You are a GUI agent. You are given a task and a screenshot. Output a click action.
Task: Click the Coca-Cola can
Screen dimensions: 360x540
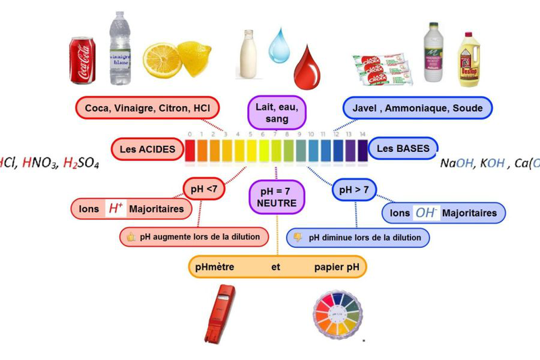point(83,60)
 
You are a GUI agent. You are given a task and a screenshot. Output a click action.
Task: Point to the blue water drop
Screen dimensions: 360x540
point(279,46)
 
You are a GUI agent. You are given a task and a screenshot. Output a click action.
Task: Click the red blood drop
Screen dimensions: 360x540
point(308,63)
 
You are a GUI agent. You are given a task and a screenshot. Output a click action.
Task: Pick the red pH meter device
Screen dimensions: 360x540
point(221,313)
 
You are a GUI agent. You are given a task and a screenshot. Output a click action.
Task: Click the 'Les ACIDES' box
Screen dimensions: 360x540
point(148,149)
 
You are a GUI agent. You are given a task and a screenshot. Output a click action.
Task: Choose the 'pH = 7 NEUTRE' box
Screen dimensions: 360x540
point(277,195)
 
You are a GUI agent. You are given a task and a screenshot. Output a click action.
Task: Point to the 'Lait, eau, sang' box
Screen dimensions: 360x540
point(277,112)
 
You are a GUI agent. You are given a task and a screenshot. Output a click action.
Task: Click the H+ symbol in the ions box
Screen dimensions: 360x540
point(115,209)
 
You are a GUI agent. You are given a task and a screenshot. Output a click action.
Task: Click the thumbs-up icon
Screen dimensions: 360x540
point(128,237)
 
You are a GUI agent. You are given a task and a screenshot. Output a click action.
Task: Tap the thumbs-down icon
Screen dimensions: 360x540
point(297,237)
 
